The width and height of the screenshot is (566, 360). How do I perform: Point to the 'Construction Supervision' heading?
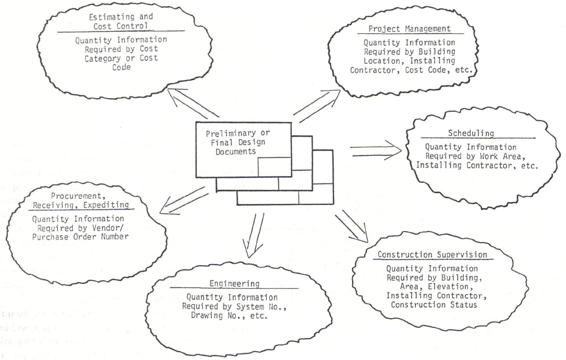point(433,255)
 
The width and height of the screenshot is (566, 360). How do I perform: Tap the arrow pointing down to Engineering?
point(252,234)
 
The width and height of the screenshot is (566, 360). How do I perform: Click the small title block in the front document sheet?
point(274,167)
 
